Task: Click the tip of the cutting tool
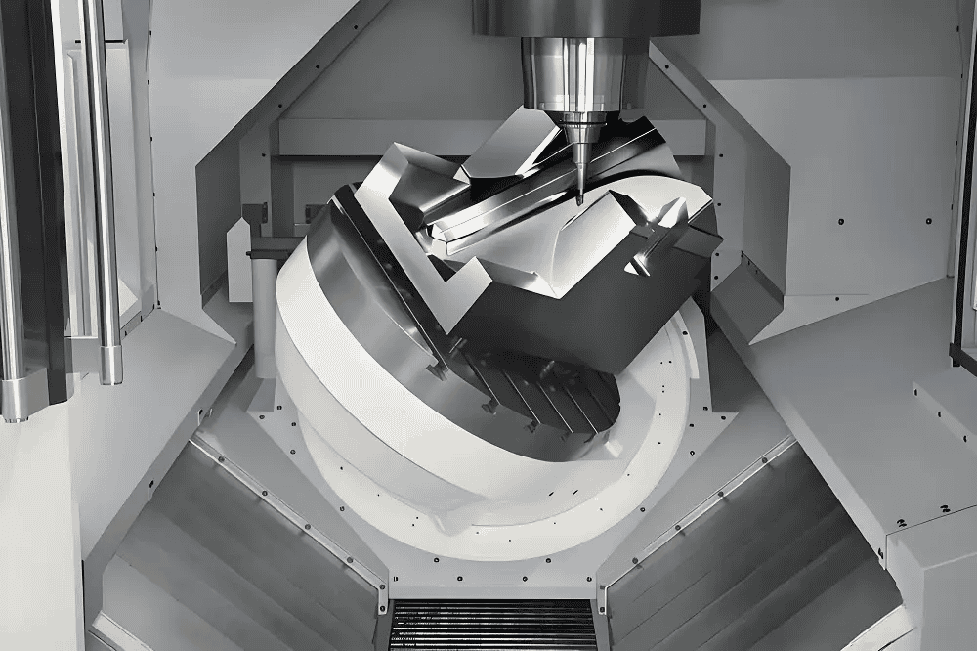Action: pos(578,201)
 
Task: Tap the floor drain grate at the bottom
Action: pos(492,625)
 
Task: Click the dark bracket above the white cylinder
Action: pos(255,211)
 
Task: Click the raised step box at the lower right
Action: pos(928,577)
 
